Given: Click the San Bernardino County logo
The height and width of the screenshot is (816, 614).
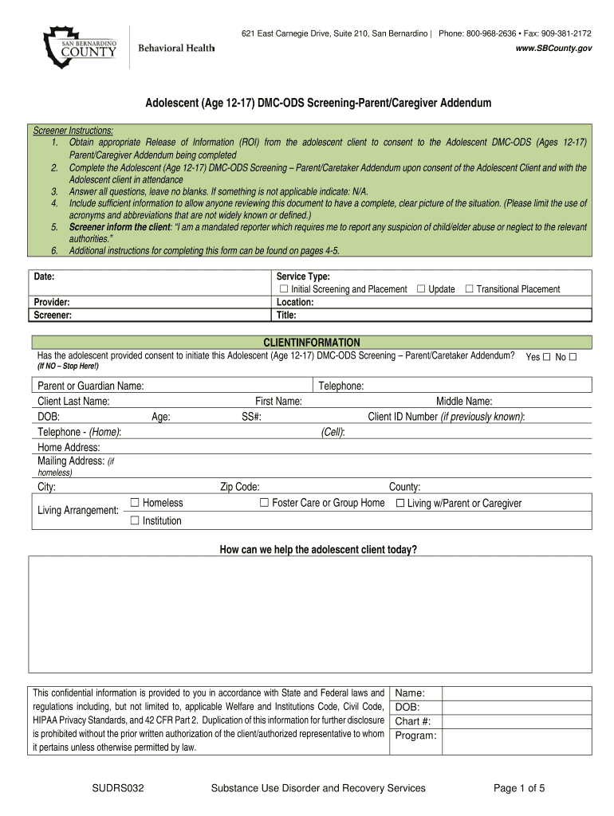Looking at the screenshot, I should click(x=81, y=46).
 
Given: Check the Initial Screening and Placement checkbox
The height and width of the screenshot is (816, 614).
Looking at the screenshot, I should click(x=282, y=289).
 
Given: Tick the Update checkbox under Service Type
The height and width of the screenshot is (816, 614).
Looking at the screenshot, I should click(x=420, y=288).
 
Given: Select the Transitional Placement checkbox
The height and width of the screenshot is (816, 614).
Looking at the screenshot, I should click(x=469, y=288).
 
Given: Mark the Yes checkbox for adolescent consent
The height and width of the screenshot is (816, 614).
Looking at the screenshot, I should click(x=546, y=357).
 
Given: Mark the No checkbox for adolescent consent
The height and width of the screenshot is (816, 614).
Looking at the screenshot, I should click(x=573, y=357).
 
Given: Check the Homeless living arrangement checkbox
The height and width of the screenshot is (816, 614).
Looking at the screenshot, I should click(x=135, y=503).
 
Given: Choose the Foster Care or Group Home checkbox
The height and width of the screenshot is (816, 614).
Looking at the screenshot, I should click(x=264, y=503).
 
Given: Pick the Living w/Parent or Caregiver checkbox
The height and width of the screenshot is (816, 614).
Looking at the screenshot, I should click(x=400, y=503).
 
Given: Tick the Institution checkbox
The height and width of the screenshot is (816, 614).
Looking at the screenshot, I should click(x=135, y=521).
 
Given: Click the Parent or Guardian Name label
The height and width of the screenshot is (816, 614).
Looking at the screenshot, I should click(x=91, y=386).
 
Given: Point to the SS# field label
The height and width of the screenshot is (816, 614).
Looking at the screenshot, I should click(x=253, y=417).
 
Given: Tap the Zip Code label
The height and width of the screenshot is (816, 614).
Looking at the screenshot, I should click(x=239, y=487).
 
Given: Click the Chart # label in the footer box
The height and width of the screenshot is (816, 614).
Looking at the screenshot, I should click(x=413, y=721).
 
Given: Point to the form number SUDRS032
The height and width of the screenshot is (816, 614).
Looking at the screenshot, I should click(x=117, y=788).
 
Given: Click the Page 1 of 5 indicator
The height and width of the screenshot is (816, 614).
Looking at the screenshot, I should click(x=519, y=788).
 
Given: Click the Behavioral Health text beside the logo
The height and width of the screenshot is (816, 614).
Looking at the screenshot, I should click(x=176, y=49).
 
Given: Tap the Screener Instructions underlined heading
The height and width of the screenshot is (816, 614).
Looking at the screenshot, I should click(x=73, y=131).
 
